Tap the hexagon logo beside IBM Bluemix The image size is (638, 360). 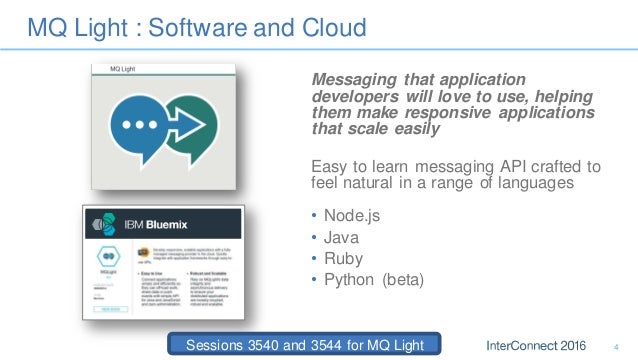100,223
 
